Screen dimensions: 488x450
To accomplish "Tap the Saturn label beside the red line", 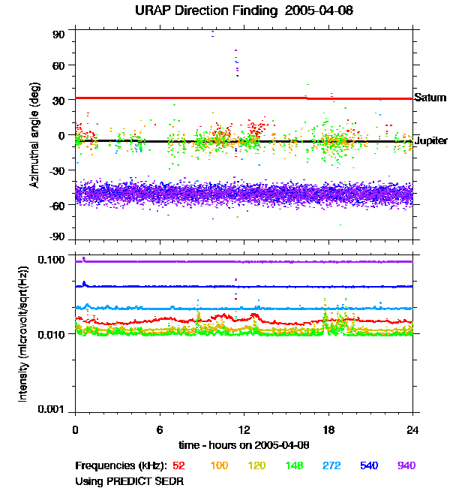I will [x=430, y=98].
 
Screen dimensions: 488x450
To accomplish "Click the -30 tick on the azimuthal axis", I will [x=58, y=170].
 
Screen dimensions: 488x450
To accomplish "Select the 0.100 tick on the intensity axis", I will [x=53, y=260].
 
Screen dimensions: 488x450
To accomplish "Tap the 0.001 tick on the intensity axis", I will [x=53, y=410].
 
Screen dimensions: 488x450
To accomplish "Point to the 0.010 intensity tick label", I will [x=53, y=335].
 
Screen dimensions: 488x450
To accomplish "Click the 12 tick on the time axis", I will [x=244, y=429].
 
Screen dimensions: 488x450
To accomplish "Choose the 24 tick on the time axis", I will [x=412, y=429].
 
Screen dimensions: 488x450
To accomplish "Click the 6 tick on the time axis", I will [x=160, y=429].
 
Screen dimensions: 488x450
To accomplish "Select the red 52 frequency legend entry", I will [x=179, y=465].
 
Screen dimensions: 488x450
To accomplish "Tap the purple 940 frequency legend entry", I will [x=406, y=465].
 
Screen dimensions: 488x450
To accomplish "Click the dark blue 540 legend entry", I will [x=369, y=465].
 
